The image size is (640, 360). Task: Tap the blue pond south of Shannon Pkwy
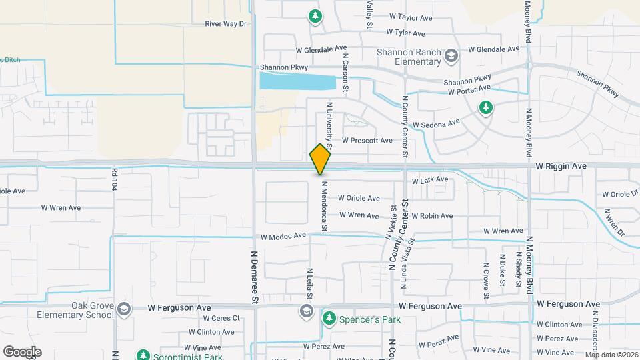[297, 82]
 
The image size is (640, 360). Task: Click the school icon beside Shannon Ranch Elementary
[451, 55]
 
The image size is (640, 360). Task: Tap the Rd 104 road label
[115, 179]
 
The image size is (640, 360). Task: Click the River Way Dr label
[226, 23]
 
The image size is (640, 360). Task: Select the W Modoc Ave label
[283, 236]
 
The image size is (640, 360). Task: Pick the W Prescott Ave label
[367, 141]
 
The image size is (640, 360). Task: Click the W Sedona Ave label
[436, 124]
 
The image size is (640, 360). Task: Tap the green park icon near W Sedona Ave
[486, 107]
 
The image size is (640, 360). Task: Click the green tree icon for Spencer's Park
[329, 319]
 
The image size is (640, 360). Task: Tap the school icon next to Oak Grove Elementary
[123, 309]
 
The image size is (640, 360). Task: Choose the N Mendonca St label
[324, 207]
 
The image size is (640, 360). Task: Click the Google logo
[22, 352]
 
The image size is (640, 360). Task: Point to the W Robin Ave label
[431, 216]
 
